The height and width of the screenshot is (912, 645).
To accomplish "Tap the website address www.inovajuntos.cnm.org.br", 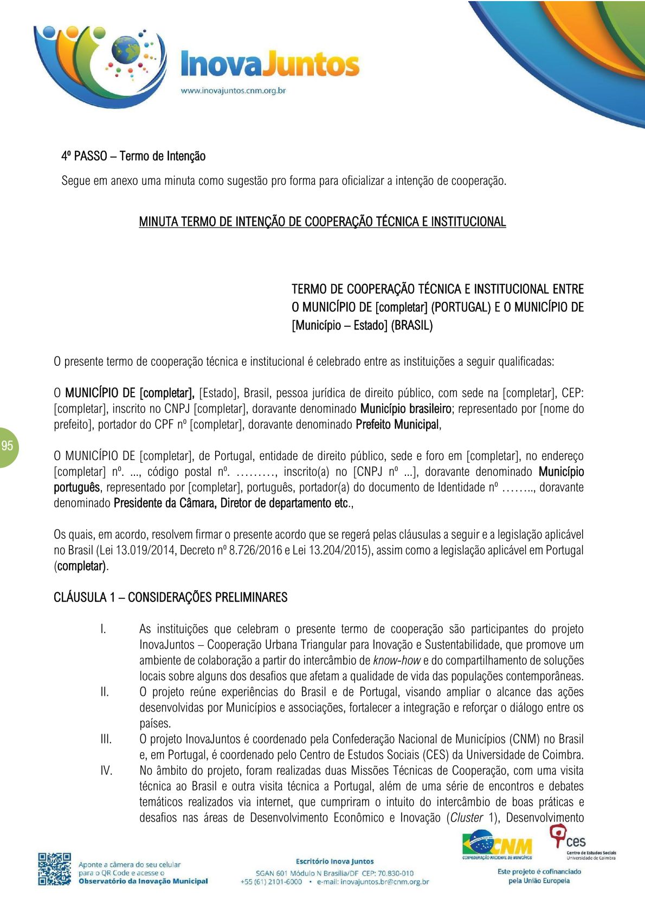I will tap(233, 91).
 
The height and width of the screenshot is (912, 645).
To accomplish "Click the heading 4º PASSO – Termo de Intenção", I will tap(133, 157).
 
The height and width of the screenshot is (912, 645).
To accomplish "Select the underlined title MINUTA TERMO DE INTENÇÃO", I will tap(322, 222).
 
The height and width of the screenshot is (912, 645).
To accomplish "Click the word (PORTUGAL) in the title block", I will tap(461, 307).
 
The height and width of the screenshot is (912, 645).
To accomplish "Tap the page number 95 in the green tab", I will tap(7, 447).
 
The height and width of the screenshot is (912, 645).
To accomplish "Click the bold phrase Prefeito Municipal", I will tap(397, 425).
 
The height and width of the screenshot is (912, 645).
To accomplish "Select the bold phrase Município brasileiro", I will tap(405, 409).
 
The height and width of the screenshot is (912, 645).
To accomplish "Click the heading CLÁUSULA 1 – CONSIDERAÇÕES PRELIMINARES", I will tap(170, 597).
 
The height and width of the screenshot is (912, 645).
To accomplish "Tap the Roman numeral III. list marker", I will tap(106, 739).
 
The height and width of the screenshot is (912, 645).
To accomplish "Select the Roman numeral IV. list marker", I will tap(106, 771).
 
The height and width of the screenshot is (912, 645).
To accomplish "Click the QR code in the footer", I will tap(54, 869).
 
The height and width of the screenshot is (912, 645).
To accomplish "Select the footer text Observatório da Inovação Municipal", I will tap(143, 881).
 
